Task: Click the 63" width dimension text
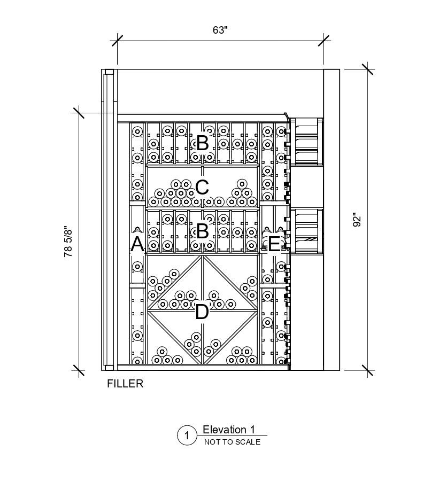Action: pos(220,30)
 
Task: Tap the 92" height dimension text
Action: pos(358,220)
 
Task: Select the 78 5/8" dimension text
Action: pos(68,242)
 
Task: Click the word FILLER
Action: pos(125,384)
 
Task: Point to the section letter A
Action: pos(137,244)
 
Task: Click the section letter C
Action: pos(202,188)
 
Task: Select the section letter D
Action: pos(202,312)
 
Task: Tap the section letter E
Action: pos(273,244)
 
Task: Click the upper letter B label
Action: pos(202,143)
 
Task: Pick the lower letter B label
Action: pos(202,231)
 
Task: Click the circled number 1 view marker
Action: pos(187,436)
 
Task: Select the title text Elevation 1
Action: pos(229,430)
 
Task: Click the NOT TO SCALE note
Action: pos(232,442)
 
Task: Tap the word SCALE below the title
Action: pos(247,442)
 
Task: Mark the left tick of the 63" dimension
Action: pos(117,41)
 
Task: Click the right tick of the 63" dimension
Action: pos(323,41)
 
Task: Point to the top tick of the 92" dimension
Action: pos(367,69)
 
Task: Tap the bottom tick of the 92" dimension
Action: pos(367,370)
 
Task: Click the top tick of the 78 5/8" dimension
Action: pos(79,113)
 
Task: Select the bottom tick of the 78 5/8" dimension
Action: pos(79,370)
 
